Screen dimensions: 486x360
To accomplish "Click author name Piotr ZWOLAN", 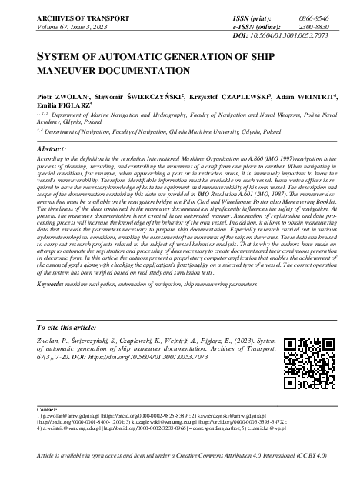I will (x=58, y=98).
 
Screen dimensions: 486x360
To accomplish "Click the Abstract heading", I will (x=51, y=148).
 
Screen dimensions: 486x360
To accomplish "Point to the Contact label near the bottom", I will (x=37, y=421).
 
